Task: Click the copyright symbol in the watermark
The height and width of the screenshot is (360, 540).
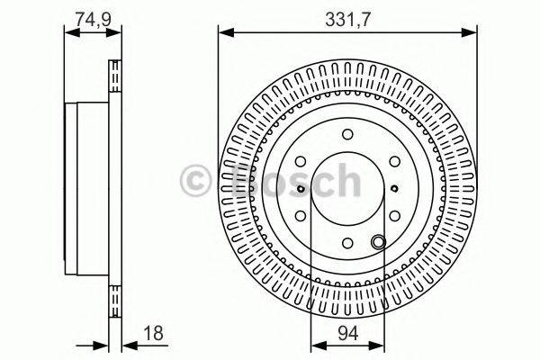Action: (195, 181)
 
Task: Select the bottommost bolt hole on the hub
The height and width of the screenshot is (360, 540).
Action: (347, 242)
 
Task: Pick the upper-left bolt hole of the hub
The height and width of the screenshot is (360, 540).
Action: (301, 162)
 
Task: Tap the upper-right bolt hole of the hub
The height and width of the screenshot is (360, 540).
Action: (393, 162)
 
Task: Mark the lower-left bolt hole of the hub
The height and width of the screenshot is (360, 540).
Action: (301, 215)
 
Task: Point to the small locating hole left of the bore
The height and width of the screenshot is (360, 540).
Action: (300, 189)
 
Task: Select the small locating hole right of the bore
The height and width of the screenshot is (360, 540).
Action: (395, 189)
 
